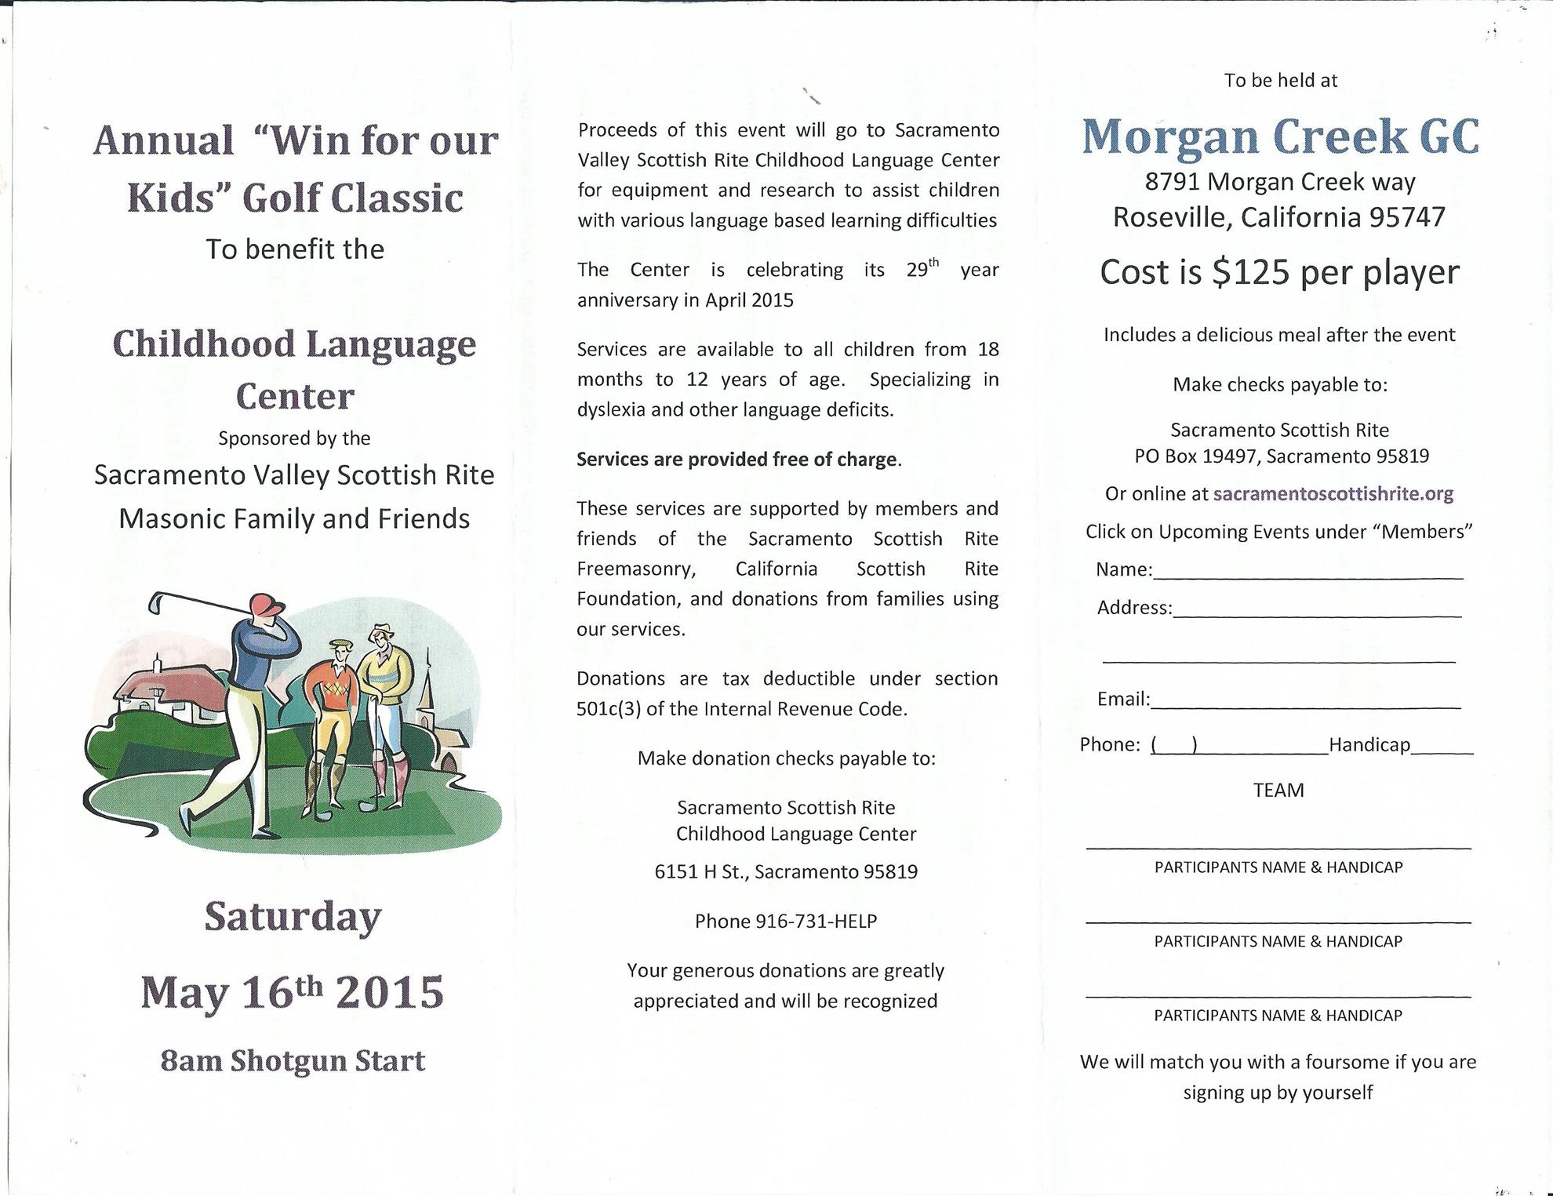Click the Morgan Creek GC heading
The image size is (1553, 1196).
click(x=1280, y=136)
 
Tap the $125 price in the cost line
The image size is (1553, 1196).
click(x=1250, y=272)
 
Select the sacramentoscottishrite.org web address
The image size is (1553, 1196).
click(x=1333, y=494)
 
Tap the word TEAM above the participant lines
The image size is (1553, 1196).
click(x=1278, y=790)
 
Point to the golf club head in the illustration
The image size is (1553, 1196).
click(x=156, y=604)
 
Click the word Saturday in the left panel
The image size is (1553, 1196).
click(x=293, y=916)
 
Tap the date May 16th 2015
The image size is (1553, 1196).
click(x=292, y=992)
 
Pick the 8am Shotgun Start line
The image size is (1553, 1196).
click(x=293, y=1060)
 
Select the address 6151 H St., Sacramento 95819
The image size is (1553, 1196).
click(x=786, y=872)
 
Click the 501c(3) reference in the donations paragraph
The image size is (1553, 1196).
click(x=609, y=709)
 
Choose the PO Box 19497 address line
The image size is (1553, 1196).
click(x=1282, y=456)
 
